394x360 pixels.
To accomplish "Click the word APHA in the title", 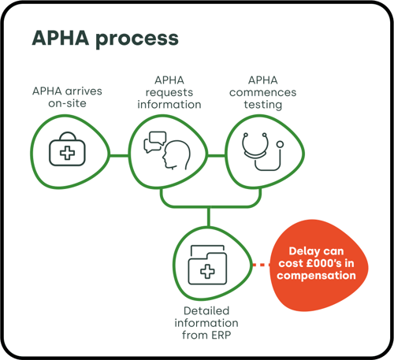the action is point(61,38).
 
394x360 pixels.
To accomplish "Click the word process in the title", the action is point(137,39).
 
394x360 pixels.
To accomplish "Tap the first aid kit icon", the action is point(67,149).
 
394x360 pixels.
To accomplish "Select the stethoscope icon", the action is point(262,151).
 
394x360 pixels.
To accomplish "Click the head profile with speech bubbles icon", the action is point(167,150).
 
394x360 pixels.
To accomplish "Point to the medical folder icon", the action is point(207,265).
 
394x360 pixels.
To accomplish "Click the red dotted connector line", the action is point(262,265).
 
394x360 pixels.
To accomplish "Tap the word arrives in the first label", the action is point(84,91).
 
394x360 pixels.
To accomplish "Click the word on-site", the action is point(67,103).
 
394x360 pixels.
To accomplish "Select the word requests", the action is point(169,93).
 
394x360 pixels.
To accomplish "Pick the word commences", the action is point(262,92).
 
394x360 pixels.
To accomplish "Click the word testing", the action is point(263,105).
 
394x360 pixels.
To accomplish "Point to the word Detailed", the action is point(206,311).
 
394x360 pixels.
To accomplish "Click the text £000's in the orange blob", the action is point(324,263).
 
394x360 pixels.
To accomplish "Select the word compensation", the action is point(316,276).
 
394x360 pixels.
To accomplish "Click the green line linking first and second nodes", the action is point(119,155).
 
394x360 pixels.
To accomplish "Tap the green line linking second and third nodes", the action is point(216,156).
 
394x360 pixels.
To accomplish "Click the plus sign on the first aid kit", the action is point(67,153).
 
